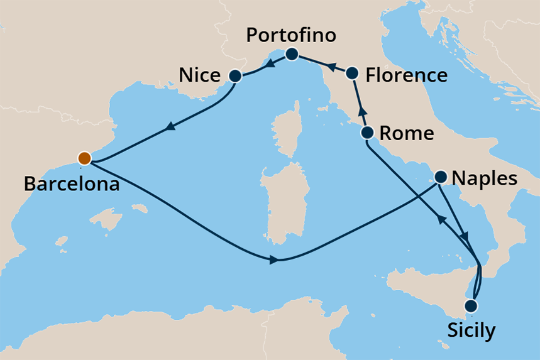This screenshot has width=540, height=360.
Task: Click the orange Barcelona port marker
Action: click(83, 158)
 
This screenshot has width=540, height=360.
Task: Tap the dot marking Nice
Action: click(236, 76)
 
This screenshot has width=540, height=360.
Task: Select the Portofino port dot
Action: click(292, 55)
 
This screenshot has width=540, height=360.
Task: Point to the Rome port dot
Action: click(367, 133)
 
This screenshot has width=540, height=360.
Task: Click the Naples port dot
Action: click(441, 177)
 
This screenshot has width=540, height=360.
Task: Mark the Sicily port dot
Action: click(470, 306)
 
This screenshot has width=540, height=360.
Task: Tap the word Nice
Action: click(199, 76)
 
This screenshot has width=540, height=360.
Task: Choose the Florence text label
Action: click(406, 76)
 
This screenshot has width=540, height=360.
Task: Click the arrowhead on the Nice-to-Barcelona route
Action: click(168, 128)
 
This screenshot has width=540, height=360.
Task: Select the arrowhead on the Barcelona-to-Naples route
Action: click(273, 259)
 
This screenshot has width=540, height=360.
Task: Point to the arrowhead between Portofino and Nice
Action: click(267, 65)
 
